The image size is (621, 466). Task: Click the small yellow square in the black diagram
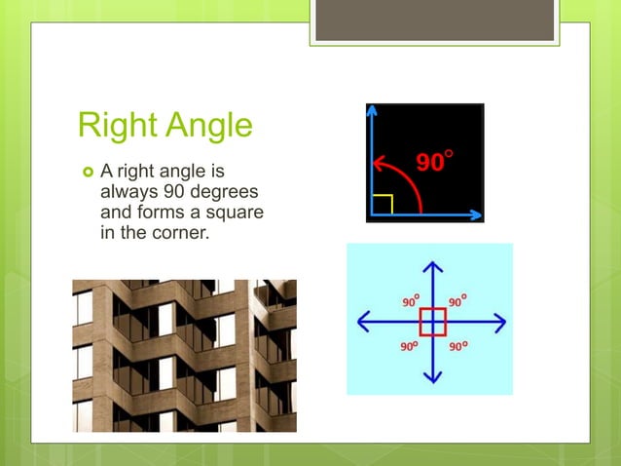pos(384,203)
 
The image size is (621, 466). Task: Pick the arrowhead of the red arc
pos(380,162)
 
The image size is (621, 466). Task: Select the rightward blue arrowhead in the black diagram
pos(476,213)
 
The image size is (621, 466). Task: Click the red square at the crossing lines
pos(433,321)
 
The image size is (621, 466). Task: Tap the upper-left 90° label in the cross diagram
pos(411,301)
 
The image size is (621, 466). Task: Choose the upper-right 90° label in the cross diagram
pos(457,301)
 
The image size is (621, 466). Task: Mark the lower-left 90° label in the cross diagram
pos(411,344)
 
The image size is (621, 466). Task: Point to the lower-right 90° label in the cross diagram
pos(457,344)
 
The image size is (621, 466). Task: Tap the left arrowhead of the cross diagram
pos(365,321)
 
